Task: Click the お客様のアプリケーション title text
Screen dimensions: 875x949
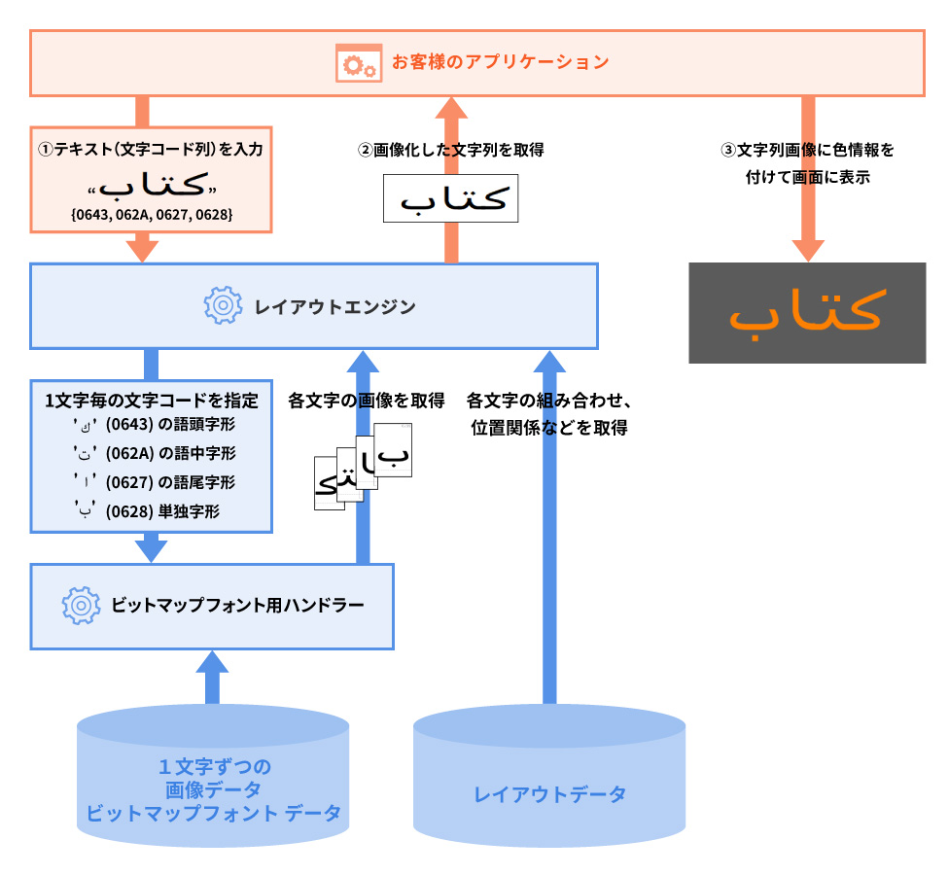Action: click(x=500, y=62)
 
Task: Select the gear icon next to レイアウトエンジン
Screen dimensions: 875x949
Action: click(x=223, y=306)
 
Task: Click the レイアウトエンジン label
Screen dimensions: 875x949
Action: click(x=334, y=307)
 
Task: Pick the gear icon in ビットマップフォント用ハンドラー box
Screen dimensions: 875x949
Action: click(x=82, y=606)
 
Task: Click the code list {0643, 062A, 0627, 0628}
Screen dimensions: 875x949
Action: click(x=152, y=213)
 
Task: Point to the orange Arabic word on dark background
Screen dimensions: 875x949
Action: click(x=806, y=311)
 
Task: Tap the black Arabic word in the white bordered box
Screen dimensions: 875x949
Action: click(x=451, y=199)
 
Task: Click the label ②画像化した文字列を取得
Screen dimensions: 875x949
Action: click(x=451, y=150)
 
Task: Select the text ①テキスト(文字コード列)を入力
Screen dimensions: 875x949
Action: click(x=151, y=150)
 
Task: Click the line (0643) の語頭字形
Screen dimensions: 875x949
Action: click(x=170, y=425)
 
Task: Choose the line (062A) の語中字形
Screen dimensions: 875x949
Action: click(x=170, y=453)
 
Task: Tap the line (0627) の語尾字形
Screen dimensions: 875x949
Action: click(x=170, y=482)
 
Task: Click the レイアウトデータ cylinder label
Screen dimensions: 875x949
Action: click(x=549, y=793)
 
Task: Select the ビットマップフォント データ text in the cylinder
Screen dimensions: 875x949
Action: click(x=213, y=814)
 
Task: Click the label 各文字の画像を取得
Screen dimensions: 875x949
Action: click(x=367, y=400)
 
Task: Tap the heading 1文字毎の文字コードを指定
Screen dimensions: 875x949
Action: click(x=152, y=400)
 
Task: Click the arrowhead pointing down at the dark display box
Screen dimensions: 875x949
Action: click(x=806, y=249)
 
